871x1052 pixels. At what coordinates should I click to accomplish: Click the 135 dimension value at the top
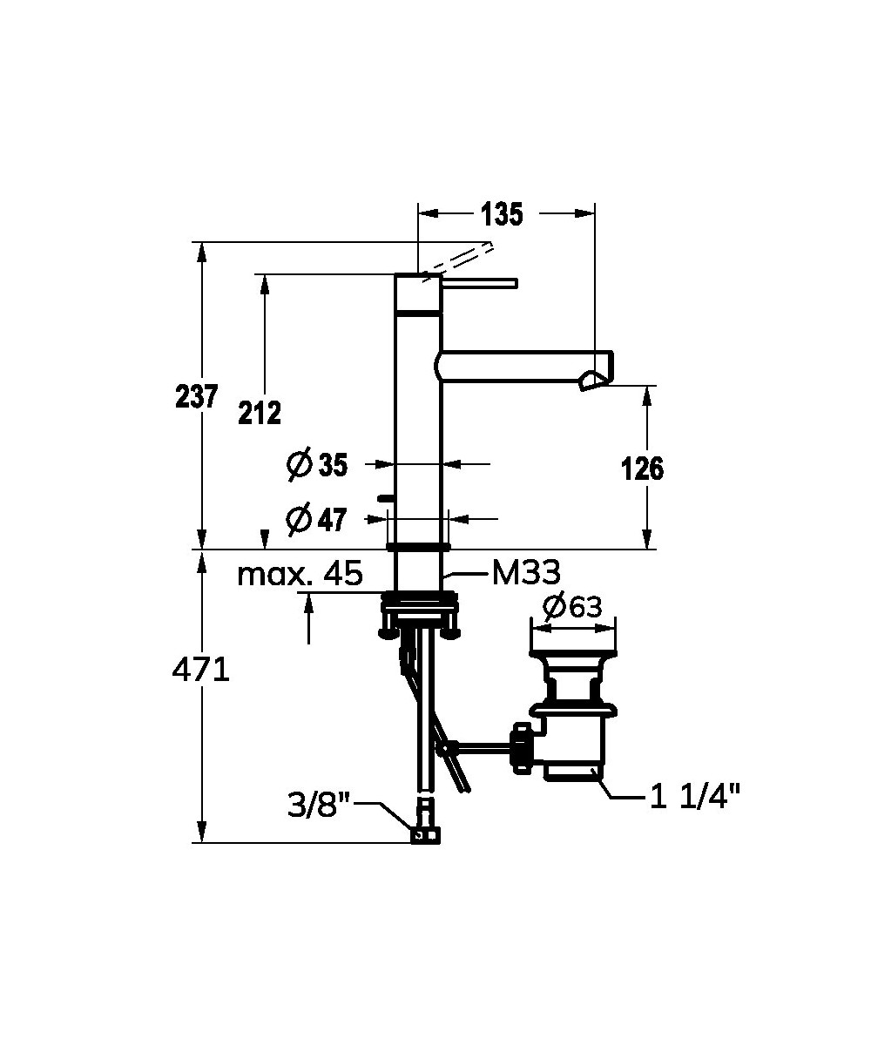tap(502, 213)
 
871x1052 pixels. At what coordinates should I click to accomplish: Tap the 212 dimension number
tap(260, 413)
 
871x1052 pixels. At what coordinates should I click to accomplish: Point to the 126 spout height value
tap(642, 469)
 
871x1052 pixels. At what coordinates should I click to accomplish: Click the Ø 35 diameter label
tap(317, 464)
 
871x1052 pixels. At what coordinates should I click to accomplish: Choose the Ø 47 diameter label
tap(316, 518)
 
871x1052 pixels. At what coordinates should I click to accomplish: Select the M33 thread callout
tap(526, 573)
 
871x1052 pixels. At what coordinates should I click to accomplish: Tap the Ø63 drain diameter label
tap(572, 607)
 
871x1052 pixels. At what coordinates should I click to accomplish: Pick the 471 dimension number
tap(200, 671)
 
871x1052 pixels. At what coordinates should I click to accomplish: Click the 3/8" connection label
tap(319, 806)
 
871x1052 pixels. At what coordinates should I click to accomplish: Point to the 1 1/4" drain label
tap(695, 798)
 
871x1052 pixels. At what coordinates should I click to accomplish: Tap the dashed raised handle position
tap(457, 262)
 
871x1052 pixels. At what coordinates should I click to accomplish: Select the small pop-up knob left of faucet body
tap(386, 499)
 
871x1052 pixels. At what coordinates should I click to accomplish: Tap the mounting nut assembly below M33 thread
tap(419, 615)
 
